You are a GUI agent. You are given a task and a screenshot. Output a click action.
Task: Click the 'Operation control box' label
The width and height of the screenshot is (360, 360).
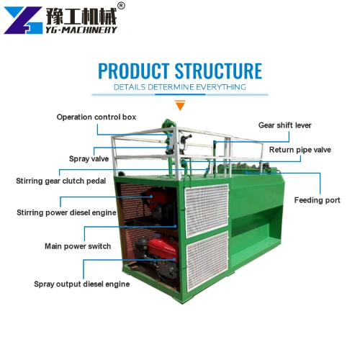click(96, 117)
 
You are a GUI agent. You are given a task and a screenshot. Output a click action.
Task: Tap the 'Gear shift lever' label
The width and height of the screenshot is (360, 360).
click(284, 125)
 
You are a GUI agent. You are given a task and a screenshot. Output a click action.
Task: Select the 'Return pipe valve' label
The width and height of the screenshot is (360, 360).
click(300, 150)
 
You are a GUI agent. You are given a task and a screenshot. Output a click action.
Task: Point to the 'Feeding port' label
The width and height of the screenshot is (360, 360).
click(317, 200)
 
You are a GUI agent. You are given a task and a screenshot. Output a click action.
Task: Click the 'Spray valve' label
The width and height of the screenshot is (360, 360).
click(89, 159)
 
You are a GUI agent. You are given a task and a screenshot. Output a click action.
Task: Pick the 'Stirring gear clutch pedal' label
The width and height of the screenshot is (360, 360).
click(60, 181)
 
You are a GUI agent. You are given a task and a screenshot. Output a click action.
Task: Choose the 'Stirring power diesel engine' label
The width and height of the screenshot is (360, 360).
click(66, 212)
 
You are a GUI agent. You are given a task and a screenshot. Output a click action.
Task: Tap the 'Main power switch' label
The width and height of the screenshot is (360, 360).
click(78, 246)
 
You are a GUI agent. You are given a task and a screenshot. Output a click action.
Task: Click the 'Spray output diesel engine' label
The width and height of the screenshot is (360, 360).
click(82, 284)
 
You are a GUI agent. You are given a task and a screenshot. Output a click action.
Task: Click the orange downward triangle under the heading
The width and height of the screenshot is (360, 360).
click(180, 105)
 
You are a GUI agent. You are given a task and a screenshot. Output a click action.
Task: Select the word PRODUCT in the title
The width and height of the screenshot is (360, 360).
click(134, 71)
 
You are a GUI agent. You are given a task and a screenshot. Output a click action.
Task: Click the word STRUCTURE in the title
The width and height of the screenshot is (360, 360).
click(218, 71)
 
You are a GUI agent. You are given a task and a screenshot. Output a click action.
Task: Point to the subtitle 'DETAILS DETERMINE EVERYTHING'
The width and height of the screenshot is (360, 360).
click(180, 87)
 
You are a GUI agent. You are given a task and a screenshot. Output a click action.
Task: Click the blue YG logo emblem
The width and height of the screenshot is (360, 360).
click(23, 20)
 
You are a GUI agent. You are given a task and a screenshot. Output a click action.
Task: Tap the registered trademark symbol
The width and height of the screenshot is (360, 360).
click(122, 6)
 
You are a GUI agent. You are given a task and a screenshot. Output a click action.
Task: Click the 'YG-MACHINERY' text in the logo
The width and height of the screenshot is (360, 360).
click(81, 30)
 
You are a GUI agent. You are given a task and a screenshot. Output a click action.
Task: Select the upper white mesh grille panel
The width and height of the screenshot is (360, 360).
click(207, 210)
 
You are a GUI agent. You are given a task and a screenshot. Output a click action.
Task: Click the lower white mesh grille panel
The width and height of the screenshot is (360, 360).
click(207, 261)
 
